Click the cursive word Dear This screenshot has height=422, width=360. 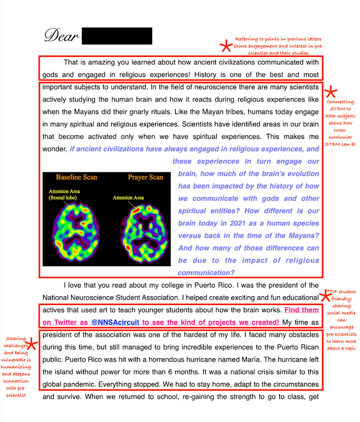coord(61,35)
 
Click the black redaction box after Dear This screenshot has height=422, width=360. coord(117,36)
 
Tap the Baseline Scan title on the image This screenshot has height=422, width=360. coord(76,178)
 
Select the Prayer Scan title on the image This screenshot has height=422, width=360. coord(145,178)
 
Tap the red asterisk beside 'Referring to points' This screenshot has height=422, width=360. coord(224,47)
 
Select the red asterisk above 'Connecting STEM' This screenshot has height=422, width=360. coord(331,92)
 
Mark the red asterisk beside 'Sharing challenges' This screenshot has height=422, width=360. coord(31,344)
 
